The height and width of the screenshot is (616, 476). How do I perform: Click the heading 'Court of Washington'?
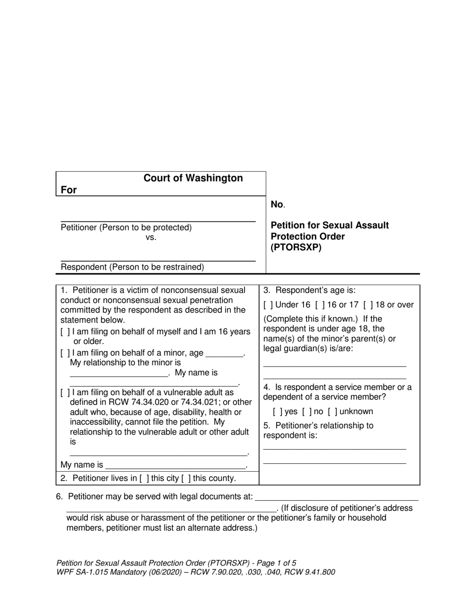click(193, 178)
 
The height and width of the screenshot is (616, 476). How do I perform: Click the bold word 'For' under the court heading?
click(69, 190)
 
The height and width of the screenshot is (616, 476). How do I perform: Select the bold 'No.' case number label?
click(277, 204)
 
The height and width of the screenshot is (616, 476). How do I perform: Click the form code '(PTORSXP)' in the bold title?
click(296, 247)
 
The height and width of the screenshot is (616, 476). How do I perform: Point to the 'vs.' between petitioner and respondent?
click(151, 237)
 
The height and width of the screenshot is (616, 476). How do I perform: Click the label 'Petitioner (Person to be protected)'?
click(126, 227)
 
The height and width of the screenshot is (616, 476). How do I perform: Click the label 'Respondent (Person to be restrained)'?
click(132, 267)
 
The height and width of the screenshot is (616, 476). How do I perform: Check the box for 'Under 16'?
click(268, 305)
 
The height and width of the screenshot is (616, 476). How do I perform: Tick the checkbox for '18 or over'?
click(368, 305)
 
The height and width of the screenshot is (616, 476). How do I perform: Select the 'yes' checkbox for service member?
click(278, 412)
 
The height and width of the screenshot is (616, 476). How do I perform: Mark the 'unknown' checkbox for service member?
click(333, 412)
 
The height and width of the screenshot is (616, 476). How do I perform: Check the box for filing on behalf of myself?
click(65, 332)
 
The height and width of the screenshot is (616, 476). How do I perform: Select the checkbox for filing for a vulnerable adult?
click(65, 393)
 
